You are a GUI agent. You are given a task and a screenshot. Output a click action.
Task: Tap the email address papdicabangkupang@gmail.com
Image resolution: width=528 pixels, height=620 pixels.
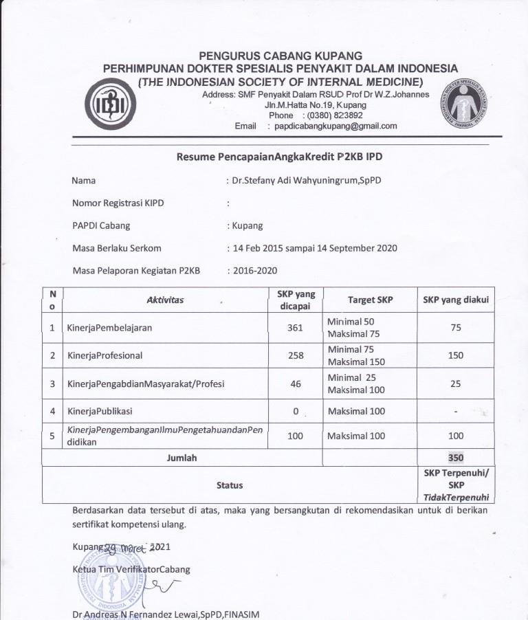tap(335, 126)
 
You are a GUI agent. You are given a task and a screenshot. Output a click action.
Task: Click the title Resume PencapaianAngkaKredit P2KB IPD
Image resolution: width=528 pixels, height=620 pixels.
tap(279, 157)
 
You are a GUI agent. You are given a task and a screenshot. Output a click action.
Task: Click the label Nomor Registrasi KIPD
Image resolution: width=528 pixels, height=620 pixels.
tap(118, 203)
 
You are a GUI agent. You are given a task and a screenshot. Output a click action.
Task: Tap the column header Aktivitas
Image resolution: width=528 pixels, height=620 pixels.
tap(166, 300)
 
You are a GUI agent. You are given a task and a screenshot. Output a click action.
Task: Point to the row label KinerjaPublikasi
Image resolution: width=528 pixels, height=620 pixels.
tap(100, 410)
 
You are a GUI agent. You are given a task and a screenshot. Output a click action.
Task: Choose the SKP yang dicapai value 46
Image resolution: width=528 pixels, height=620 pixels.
tap(296, 384)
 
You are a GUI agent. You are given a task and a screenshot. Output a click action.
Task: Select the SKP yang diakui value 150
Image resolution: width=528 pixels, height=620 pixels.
tap(456, 355)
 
